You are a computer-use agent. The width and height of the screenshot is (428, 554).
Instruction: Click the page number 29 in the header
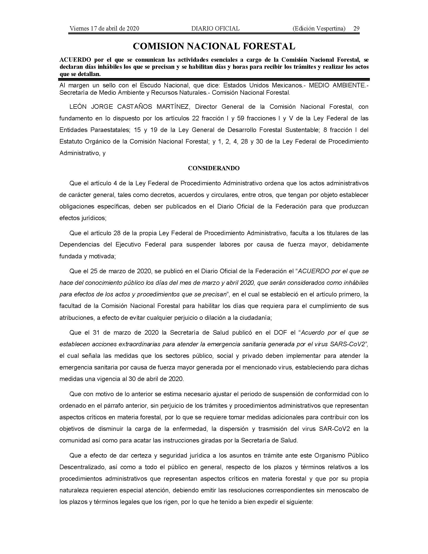tap(356, 28)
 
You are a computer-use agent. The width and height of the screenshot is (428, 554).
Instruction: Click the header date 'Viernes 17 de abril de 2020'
tap(104, 28)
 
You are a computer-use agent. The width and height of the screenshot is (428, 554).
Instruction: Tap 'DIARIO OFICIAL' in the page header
tap(215, 28)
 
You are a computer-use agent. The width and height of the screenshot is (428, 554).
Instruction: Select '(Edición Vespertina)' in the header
tap(319, 28)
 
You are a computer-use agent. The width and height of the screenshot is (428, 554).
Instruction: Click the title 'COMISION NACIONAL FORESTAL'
tap(214, 46)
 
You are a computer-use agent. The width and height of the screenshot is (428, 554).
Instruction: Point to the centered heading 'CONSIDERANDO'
tap(214, 168)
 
